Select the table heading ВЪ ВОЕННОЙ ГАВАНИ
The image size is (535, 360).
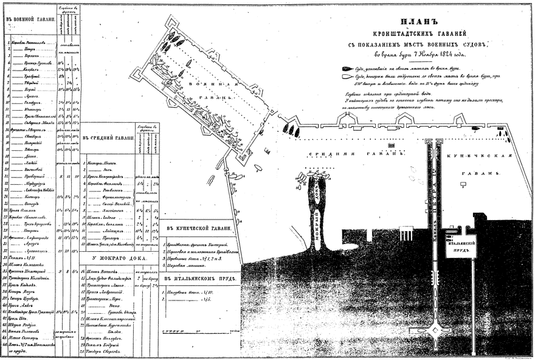(30, 19)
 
